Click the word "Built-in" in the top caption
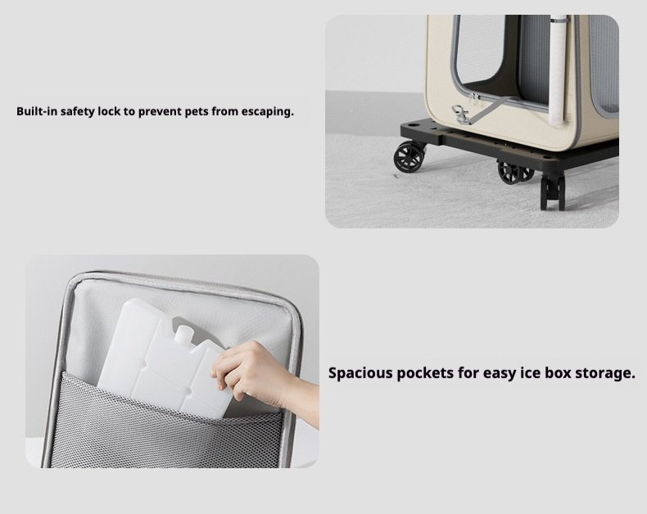pos(37,111)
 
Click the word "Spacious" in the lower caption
pos(360,373)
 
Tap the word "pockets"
pos(425,373)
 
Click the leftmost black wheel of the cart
pos(409,157)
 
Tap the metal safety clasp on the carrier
pos(459,114)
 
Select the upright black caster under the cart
pos(553,193)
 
